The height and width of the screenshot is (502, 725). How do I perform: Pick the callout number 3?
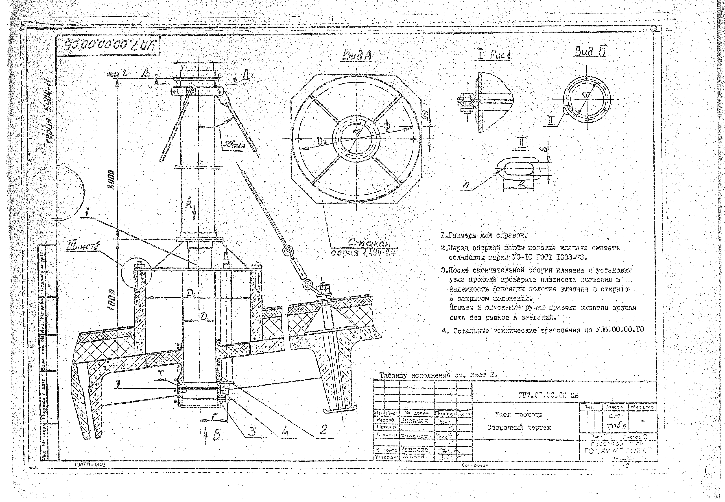click(x=252, y=431)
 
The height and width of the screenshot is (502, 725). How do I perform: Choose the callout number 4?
click(x=285, y=431)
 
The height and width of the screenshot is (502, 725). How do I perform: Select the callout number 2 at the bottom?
click(x=323, y=430)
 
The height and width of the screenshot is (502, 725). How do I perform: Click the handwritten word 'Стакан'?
click(x=369, y=243)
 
